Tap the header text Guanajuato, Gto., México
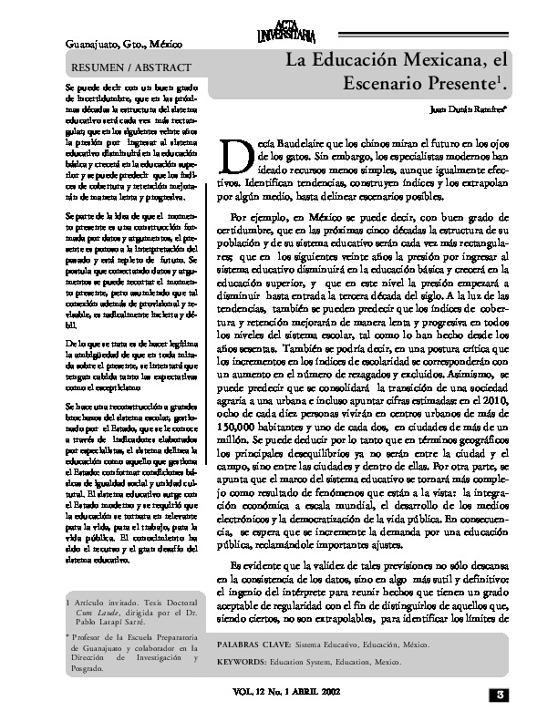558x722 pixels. click(x=121, y=44)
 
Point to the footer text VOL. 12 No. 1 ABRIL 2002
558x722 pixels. click(x=289, y=694)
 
